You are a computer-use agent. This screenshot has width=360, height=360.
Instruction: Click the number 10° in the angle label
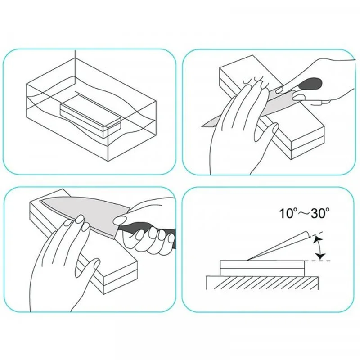[287, 213]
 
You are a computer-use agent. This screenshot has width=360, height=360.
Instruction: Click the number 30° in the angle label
[321, 213]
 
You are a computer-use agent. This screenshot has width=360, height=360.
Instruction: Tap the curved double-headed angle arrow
[319, 248]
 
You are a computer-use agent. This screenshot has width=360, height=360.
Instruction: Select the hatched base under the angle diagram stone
[262, 283]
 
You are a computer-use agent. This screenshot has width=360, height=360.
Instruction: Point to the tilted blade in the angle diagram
[279, 247]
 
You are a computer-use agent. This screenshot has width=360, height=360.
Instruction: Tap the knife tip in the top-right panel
[202, 126]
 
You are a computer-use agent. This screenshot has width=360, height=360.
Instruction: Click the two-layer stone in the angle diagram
[262, 268]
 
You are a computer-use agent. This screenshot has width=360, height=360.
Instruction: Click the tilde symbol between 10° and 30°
[303, 214]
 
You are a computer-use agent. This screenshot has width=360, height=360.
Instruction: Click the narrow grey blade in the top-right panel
[248, 108]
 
